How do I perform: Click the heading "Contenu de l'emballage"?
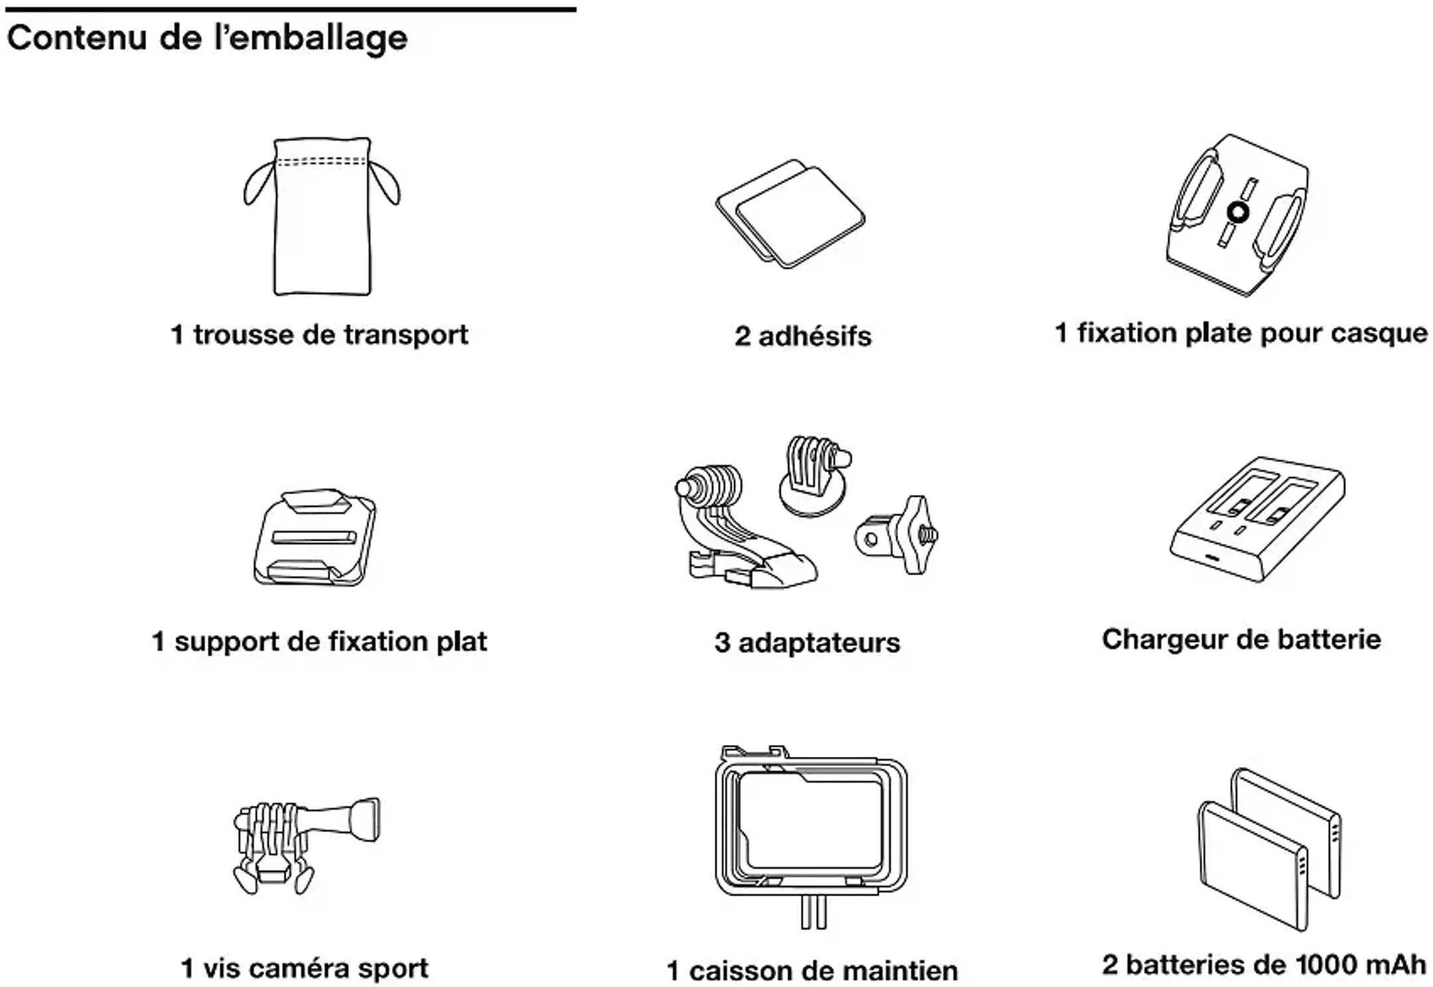207,38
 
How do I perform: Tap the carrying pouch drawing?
322,219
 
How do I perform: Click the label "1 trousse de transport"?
319,335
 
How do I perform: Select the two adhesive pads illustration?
790,215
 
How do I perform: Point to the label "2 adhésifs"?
803,336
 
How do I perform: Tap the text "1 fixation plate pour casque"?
1241,333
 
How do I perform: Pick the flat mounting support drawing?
315,539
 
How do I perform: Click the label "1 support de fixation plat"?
319,641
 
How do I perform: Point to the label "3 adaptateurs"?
807,643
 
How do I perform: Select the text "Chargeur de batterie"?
1241,639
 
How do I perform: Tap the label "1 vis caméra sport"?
305,968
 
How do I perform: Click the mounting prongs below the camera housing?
813,912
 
